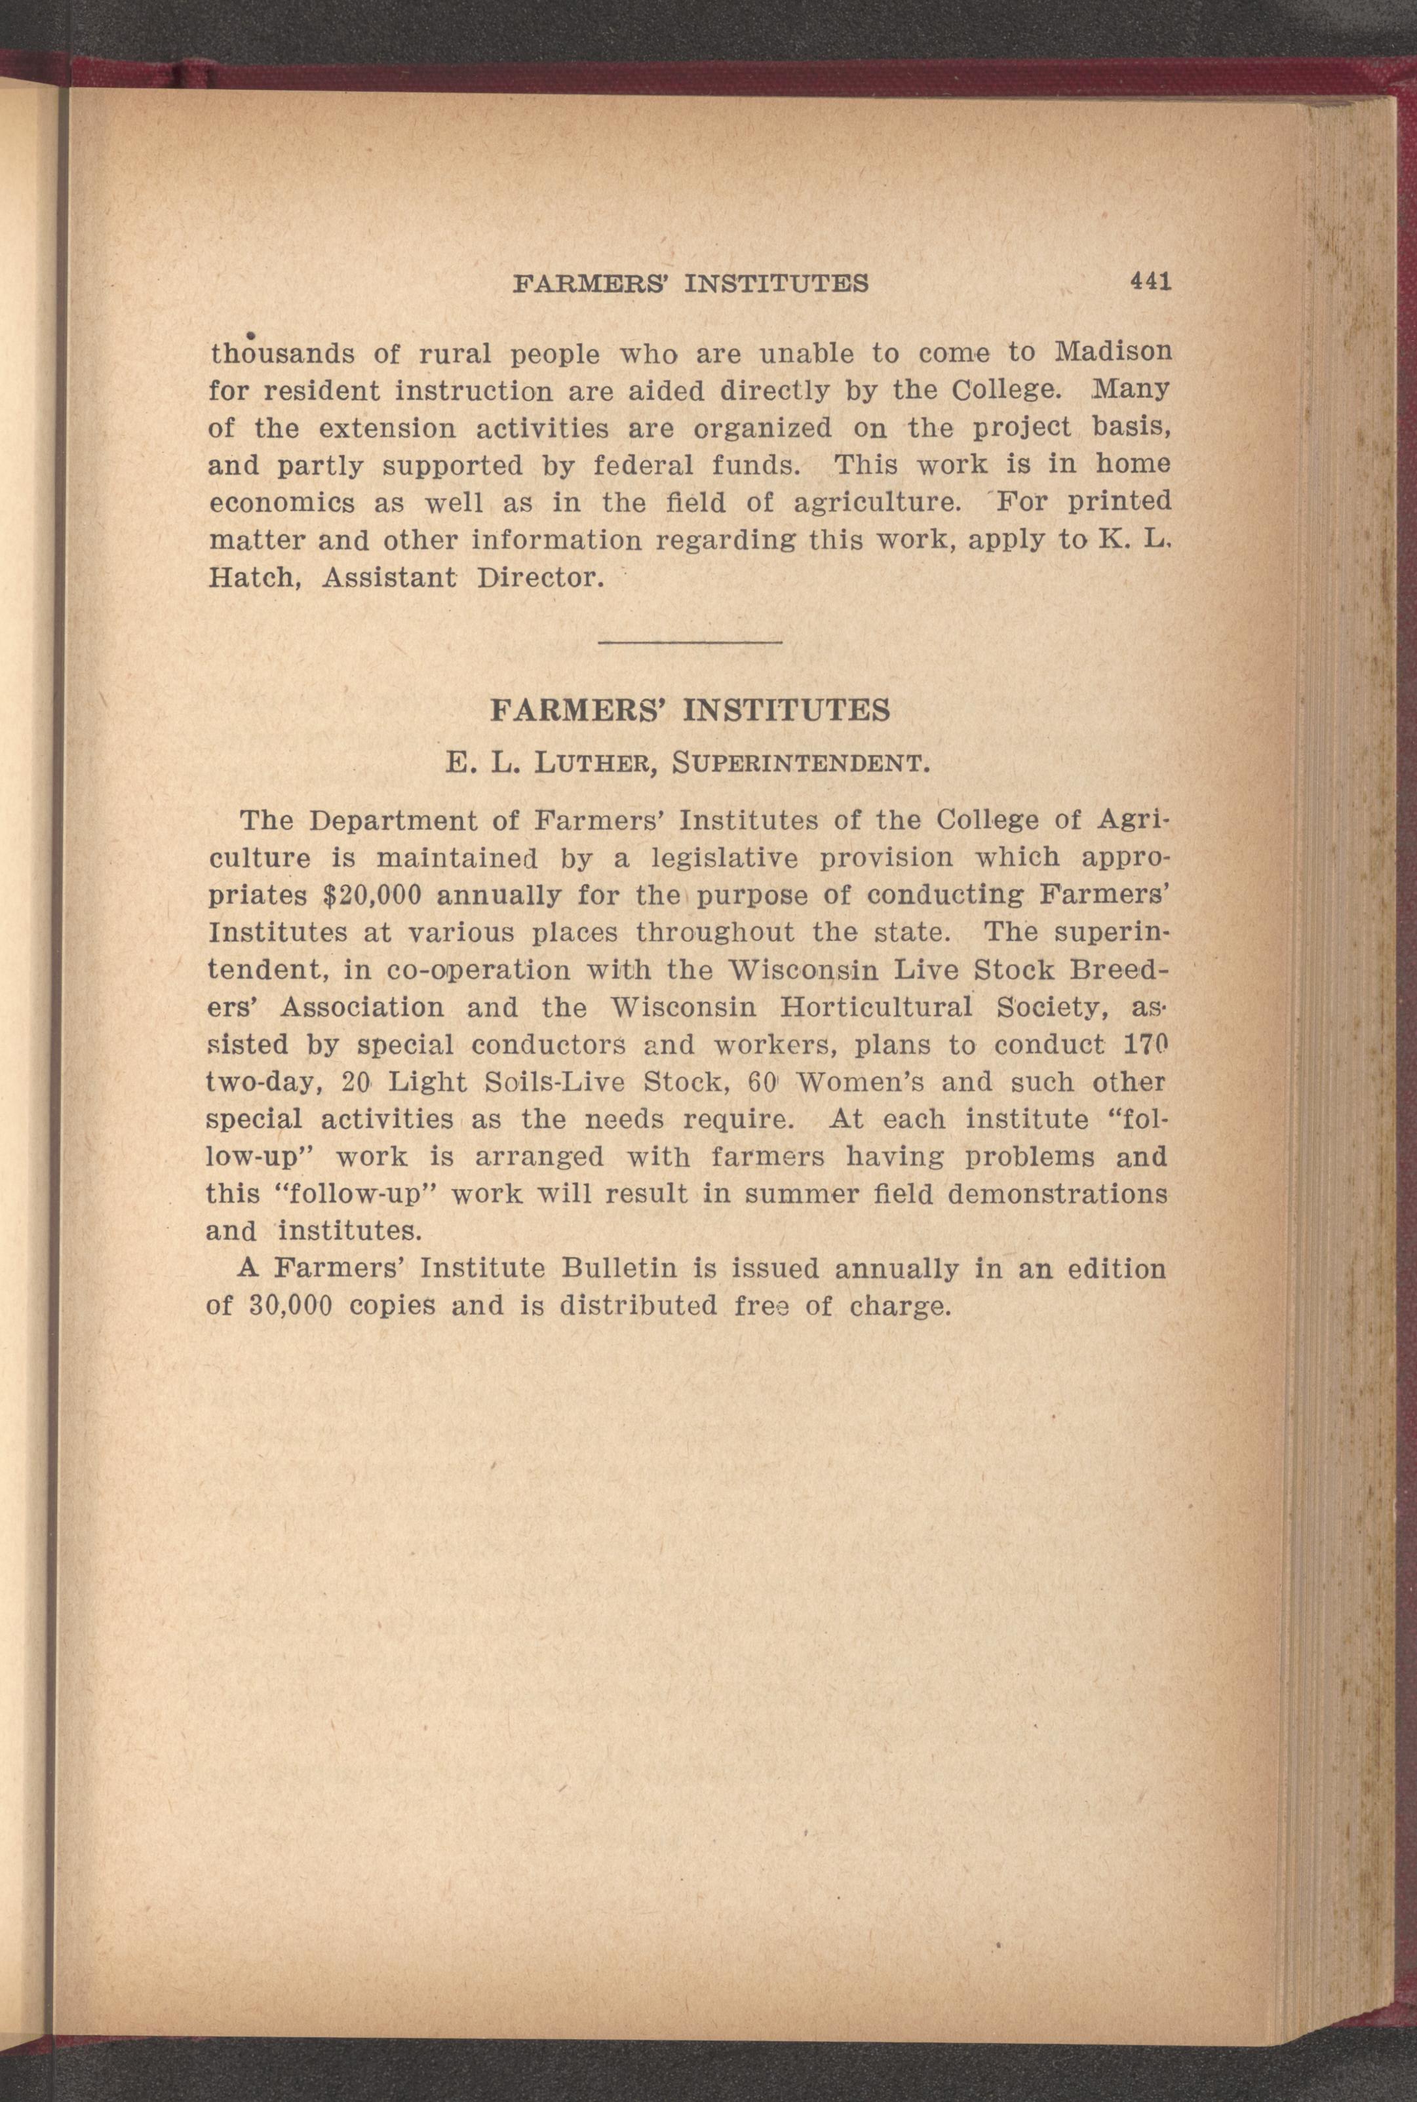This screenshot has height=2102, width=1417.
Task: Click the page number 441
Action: pyautogui.click(x=1150, y=281)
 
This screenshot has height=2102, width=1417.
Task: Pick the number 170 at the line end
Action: pyautogui.click(x=1144, y=1043)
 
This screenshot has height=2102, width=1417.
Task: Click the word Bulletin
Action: pyautogui.click(x=619, y=1269)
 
